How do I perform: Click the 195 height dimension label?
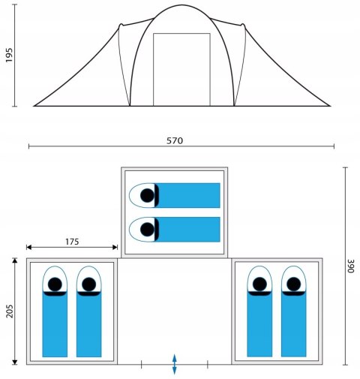pyautogui.click(x=9, y=55)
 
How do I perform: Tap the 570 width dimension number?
pyautogui.click(x=175, y=141)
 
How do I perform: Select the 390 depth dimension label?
pyautogui.click(x=351, y=266)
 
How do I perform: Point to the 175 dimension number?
pyautogui.click(x=72, y=242)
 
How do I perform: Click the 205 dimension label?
pyautogui.click(x=10, y=311)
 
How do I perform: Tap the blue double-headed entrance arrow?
pyautogui.click(x=175, y=364)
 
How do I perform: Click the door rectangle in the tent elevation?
pyautogui.click(x=181, y=69)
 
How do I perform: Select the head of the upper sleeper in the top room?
pyautogui.click(x=147, y=195)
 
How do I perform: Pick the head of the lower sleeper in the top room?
pyautogui.click(x=147, y=230)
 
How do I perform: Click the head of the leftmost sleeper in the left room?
pyautogui.click(x=55, y=284)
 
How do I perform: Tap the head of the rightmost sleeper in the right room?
pyautogui.click(x=294, y=284)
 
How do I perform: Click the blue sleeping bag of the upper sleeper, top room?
pyautogui.click(x=187, y=195)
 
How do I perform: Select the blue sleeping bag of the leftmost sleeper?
pyautogui.click(x=55, y=324)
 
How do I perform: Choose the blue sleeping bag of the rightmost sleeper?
pyautogui.click(x=294, y=324)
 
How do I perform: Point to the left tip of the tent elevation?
pyautogui.click(x=34, y=106)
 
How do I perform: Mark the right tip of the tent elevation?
pyautogui.click(x=331, y=106)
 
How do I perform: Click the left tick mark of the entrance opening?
pyautogui.click(x=142, y=365)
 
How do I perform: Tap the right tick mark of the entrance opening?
pyautogui.click(x=208, y=365)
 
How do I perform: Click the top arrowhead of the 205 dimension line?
pyautogui.click(x=15, y=260)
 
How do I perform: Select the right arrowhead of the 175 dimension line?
pyautogui.click(x=115, y=248)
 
